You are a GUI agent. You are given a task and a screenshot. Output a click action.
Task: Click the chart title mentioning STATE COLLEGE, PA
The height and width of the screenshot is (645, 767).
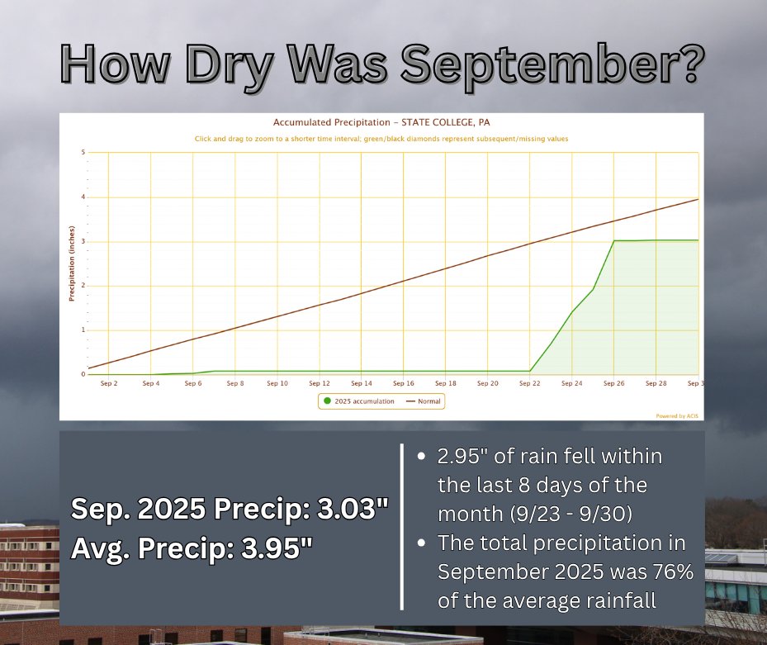point(381,122)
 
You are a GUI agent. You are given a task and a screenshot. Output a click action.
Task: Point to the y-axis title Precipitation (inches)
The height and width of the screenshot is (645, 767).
point(72,263)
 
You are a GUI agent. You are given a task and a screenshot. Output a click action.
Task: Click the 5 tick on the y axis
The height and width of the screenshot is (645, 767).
point(83,153)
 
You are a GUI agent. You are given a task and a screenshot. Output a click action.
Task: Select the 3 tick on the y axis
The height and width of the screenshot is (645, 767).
point(83,242)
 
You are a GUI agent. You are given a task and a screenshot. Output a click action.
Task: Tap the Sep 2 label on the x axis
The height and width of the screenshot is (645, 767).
point(108,383)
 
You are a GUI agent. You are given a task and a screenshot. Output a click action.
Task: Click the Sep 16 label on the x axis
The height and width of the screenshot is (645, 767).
point(403,383)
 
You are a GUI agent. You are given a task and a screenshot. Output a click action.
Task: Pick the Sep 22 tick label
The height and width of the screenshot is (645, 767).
point(529,383)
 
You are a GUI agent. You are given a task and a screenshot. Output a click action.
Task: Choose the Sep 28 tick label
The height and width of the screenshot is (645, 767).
point(656,383)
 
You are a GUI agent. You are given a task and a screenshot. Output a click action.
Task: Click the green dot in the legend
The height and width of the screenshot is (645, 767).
point(328,401)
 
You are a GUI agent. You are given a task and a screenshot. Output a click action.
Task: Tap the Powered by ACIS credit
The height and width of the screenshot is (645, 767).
point(677,416)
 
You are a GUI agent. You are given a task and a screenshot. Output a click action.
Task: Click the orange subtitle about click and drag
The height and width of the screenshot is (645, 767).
point(381,139)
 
